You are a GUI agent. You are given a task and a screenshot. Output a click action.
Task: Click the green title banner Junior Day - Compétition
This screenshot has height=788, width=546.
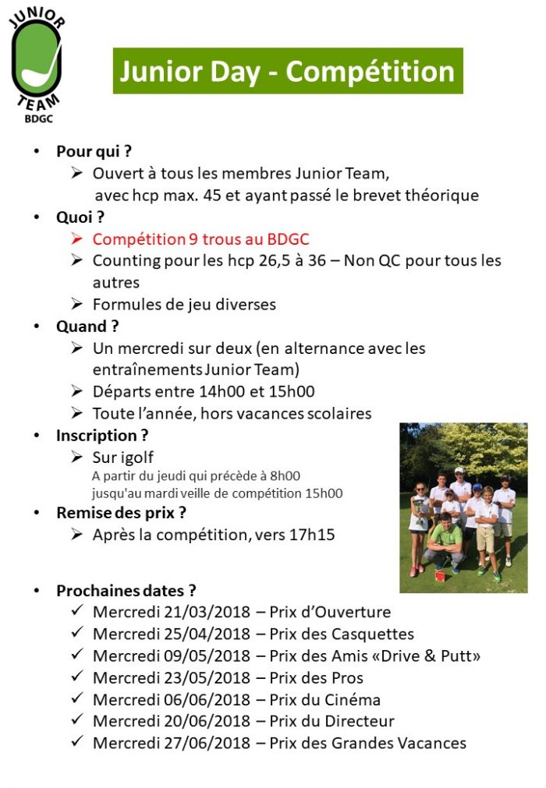tap(288, 71)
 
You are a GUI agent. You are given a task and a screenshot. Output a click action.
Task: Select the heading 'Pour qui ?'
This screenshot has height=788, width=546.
tap(94, 151)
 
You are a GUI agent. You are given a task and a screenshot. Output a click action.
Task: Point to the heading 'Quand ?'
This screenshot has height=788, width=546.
tap(87, 326)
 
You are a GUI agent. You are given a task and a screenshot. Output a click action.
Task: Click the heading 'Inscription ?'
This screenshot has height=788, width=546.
tap(102, 435)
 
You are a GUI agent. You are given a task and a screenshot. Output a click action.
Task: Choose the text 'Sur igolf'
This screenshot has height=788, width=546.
tap(122, 457)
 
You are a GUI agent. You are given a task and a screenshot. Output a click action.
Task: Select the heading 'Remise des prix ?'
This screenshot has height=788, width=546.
tap(121, 513)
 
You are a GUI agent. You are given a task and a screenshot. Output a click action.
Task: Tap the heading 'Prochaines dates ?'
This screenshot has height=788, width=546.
tap(126, 590)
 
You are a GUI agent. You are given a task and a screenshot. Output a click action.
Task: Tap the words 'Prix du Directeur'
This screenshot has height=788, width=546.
tap(331, 721)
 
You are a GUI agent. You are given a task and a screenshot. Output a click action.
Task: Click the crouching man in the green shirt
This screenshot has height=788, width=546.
tap(445, 542)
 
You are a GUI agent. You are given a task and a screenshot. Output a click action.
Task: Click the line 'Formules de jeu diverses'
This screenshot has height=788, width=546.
tap(184, 304)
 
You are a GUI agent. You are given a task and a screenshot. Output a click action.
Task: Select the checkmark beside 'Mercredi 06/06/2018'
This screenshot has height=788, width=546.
tap(76, 698)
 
